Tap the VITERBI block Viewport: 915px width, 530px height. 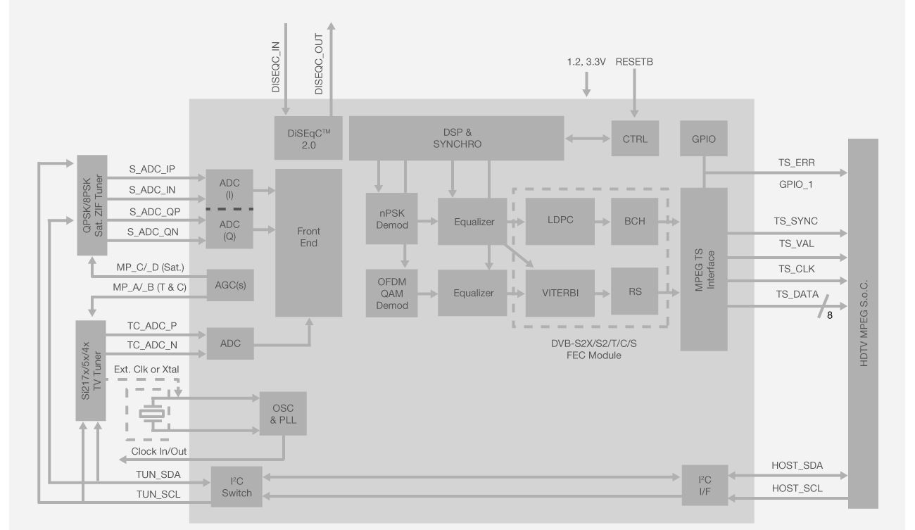point(560,292)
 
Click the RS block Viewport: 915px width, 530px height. point(634,291)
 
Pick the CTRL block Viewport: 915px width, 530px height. point(634,138)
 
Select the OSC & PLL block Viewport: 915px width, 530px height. point(283,413)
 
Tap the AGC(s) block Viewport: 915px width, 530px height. point(229,286)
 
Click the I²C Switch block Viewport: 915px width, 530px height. point(236,486)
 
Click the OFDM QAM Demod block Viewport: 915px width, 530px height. point(392,293)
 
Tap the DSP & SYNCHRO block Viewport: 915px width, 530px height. point(456,138)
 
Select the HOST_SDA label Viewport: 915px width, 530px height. point(797,465)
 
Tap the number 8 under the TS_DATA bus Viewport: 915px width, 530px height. point(829,316)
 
